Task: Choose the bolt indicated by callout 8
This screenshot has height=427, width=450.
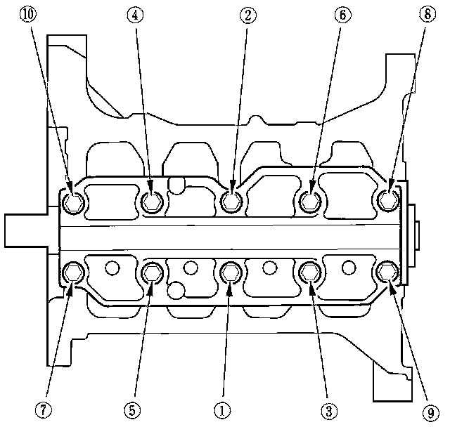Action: [387, 202]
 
